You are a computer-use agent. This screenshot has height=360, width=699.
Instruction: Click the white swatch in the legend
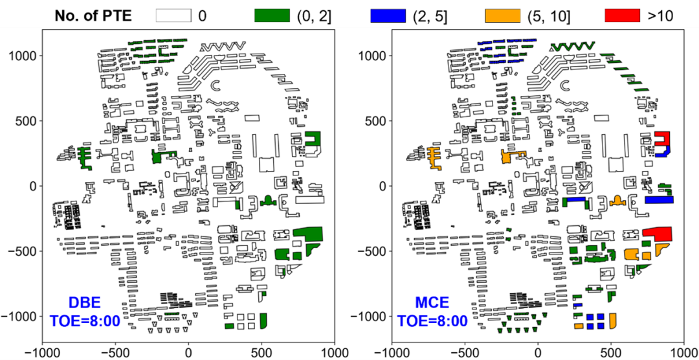click(173, 15)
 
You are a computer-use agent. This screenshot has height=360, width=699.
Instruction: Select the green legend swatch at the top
click(272, 15)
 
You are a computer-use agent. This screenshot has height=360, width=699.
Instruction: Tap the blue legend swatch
click(387, 15)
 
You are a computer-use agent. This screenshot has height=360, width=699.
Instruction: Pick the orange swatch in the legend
click(503, 15)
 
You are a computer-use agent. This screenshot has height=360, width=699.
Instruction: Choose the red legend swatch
click(622, 15)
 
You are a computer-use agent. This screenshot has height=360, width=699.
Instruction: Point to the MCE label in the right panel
click(432, 303)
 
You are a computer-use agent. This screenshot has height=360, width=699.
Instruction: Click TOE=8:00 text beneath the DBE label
click(83, 321)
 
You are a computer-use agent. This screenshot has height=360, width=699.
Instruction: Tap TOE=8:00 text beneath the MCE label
click(432, 321)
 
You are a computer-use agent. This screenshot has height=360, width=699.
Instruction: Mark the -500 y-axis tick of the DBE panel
click(20, 251)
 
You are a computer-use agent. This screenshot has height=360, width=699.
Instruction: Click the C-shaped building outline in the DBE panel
click(216, 85)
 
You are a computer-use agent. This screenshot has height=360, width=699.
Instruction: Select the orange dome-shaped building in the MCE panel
click(616, 200)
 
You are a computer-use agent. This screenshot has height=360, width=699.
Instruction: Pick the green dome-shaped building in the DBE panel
click(267, 201)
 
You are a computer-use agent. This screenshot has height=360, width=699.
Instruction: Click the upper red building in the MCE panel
click(662, 139)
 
